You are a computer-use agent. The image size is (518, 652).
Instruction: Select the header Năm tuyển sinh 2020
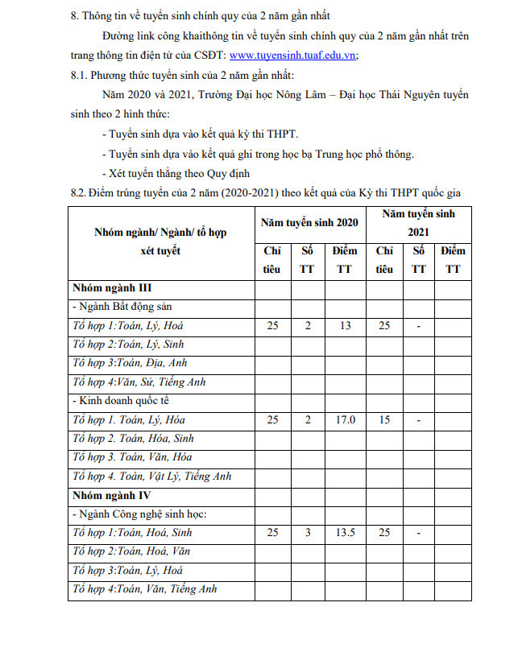[309, 222]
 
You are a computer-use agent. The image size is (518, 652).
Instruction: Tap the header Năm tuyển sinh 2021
[418, 222]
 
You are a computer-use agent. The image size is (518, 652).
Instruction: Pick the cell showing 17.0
[345, 419]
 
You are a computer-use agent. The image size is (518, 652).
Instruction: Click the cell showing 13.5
[345, 533]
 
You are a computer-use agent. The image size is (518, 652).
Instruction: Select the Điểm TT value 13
[345, 326]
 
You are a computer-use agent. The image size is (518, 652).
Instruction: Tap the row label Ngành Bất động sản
[122, 307]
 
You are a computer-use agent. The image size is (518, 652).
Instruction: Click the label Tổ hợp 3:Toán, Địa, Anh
[130, 363]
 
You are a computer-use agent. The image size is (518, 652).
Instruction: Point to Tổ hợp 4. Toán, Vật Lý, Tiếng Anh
[151, 476]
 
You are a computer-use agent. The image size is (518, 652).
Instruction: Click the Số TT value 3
[307, 533]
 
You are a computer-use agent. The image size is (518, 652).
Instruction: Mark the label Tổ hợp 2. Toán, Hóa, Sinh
[133, 439]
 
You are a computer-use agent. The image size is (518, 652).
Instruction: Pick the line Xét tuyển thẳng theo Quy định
[176, 173]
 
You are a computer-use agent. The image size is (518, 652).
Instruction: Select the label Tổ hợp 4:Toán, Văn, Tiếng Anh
[145, 589]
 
